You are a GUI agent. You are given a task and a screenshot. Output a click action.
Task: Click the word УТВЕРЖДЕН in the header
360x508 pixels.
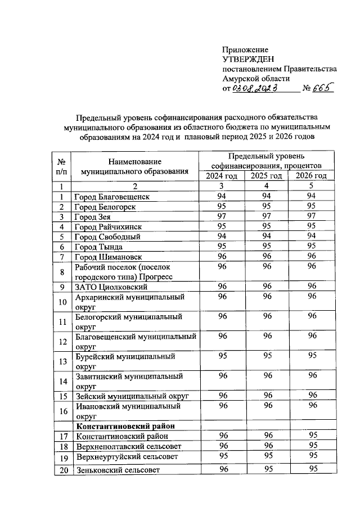point(248,59)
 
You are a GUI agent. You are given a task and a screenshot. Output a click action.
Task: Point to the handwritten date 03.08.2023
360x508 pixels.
point(256,88)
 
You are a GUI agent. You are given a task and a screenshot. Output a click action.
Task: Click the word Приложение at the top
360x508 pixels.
point(245,49)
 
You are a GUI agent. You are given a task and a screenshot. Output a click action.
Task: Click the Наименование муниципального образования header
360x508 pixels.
point(134,166)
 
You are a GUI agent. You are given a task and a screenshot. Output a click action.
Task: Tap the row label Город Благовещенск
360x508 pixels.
point(112,197)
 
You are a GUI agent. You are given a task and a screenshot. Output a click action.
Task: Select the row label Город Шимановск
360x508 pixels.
point(110,257)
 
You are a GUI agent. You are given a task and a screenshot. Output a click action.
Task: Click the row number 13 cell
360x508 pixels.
point(62,361)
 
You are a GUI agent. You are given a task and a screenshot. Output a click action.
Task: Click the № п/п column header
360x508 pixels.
point(62,166)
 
